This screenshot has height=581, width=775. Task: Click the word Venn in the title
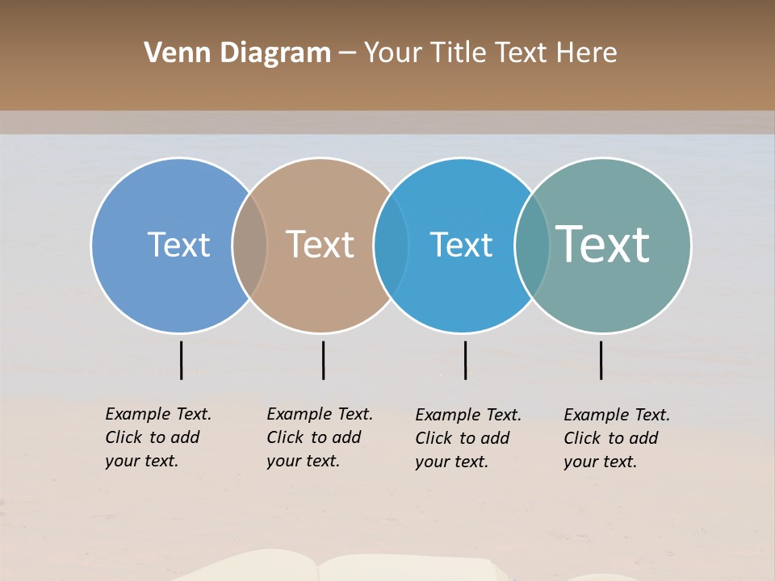tap(169, 53)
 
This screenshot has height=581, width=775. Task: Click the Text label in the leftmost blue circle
tap(178, 245)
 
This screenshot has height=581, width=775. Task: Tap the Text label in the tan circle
tap(320, 245)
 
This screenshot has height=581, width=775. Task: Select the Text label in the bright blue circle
tap(461, 245)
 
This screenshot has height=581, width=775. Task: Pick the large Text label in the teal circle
tap(603, 245)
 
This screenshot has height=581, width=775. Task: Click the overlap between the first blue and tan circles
tap(249, 245)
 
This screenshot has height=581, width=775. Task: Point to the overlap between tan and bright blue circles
tap(392, 245)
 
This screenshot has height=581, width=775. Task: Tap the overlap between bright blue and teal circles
tap(532, 245)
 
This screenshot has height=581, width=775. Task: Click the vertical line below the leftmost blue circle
tap(181, 360)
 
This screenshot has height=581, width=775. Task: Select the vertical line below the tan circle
tap(323, 360)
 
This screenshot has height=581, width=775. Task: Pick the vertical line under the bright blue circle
tap(465, 360)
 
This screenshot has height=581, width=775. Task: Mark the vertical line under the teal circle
tap(601, 360)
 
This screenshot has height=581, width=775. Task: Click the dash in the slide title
tap(347, 53)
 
